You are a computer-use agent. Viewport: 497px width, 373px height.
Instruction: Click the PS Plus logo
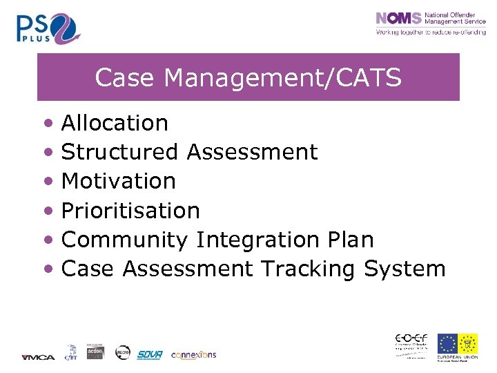pyautogui.click(x=48, y=28)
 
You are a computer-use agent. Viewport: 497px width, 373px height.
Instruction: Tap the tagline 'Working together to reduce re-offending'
pyautogui.click(x=430, y=32)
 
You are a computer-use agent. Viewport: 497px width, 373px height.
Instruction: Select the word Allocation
pyautogui.click(x=115, y=123)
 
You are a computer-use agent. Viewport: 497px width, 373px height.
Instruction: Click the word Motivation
pyautogui.click(x=119, y=181)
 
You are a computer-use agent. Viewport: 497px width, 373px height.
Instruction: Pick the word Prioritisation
pyautogui.click(x=130, y=210)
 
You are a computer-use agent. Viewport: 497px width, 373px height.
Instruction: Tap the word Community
pyautogui.click(x=124, y=240)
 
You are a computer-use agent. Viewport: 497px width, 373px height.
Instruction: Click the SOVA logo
pyautogui.click(x=149, y=354)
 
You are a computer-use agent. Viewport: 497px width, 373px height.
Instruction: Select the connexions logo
pyautogui.click(x=193, y=354)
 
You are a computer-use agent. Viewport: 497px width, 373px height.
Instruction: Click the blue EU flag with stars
pyautogui.click(x=447, y=344)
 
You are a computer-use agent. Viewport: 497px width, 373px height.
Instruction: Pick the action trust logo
pyautogui.click(x=95, y=352)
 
